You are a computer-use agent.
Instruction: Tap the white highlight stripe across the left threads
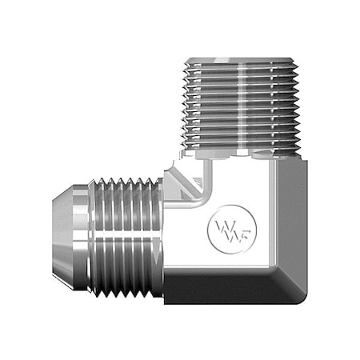pyautogui.click(x=128, y=220)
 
